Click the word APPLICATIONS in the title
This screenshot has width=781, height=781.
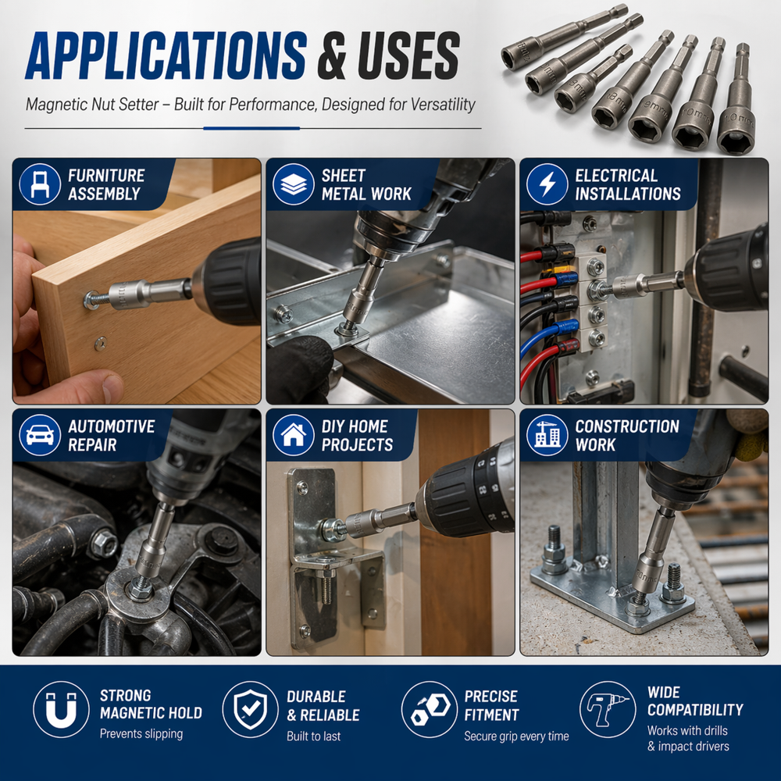[x=166, y=55]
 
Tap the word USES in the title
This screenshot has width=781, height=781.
[x=408, y=55]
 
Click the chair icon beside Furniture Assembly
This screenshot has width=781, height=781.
[x=40, y=184]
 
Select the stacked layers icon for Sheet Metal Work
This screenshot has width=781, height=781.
[x=294, y=184]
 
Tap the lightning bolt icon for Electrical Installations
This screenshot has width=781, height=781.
[x=547, y=184]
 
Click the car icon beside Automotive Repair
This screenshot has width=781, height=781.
[x=40, y=435]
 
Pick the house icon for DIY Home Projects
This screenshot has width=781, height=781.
[x=294, y=435]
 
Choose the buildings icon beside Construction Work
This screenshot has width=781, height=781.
[x=547, y=435]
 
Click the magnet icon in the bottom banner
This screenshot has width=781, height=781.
[x=61, y=709]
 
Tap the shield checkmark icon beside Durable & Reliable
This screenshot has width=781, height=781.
[x=250, y=709]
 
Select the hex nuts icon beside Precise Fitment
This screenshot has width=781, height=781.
[x=430, y=709]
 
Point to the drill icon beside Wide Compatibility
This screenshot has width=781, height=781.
[x=608, y=709]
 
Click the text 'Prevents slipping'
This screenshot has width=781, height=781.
[x=141, y=734]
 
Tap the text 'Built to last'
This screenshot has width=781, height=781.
[x=314, y=736]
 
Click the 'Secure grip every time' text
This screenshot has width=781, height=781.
[x=516, y=736]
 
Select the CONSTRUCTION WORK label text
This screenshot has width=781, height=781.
[x=627, y=435]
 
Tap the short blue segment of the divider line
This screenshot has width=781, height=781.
[x=251, y=128]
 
